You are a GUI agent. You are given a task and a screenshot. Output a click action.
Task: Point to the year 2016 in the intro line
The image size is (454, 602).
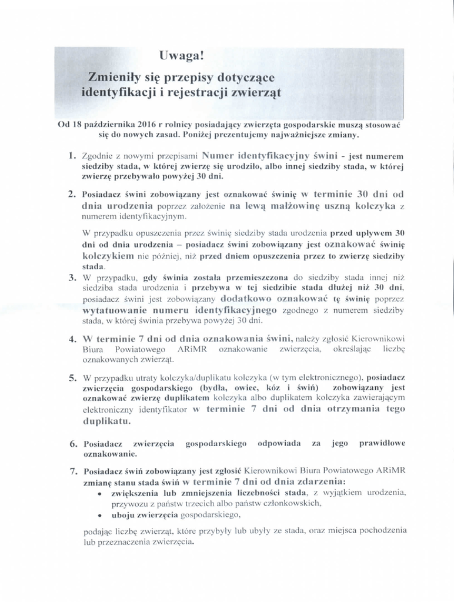(x=136, y=125)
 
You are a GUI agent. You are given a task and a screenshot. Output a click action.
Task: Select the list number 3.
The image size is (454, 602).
(x=72, y=277)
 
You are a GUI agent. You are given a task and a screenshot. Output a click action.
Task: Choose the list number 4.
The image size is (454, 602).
(x=72, y=339)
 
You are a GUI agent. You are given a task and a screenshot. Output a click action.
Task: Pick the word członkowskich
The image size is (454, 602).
(x=292, y=503)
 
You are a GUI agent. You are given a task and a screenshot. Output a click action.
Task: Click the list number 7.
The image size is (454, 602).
(x=72, y=471)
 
